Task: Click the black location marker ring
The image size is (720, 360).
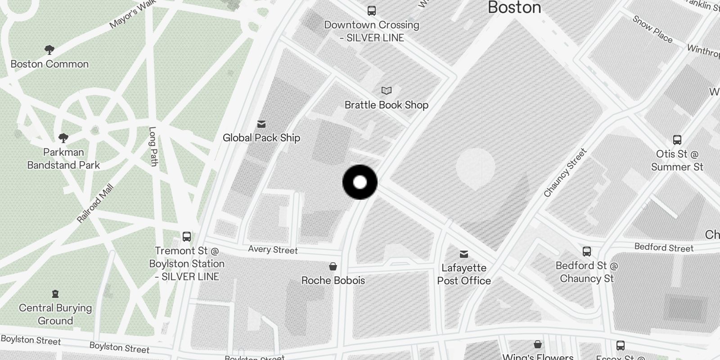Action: pos(360,182)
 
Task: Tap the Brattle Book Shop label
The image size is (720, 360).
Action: pos(386,105)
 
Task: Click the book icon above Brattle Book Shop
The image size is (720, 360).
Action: pos(386,91)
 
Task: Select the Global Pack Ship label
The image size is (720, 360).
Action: pos(261,138)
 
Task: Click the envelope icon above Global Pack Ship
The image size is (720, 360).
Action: pos(261,124)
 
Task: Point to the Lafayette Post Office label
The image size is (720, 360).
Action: pos(464,274)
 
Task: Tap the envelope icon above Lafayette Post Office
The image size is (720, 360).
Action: pos(464,255)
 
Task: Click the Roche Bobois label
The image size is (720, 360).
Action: pos(333,280)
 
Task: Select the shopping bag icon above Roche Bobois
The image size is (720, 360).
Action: pos(333,267)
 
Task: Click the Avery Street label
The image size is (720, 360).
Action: pos(273,249)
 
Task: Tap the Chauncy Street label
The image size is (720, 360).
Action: pos(565,173)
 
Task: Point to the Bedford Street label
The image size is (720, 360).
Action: pos(664,247)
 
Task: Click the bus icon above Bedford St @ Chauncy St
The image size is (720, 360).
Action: pos(586,252)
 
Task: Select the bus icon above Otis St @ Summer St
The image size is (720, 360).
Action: pos(677,140)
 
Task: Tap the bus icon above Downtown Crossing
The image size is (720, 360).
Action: pos(372,11)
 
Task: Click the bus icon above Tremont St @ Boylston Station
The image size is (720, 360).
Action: pos(186,237)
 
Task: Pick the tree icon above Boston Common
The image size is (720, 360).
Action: pos(49,50)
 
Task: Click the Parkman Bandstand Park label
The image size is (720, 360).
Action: pos(63,158)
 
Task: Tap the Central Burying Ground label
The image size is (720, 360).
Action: pos(55,314)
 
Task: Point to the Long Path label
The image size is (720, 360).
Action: pos(153,146)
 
